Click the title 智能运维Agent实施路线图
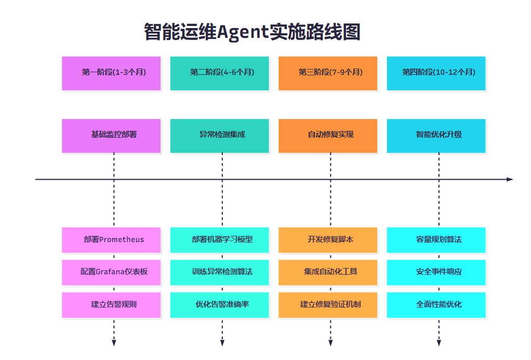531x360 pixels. (x=252, y=32)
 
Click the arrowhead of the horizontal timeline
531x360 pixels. (x=510, y=179)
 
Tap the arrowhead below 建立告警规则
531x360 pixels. (x=114, y=342)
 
